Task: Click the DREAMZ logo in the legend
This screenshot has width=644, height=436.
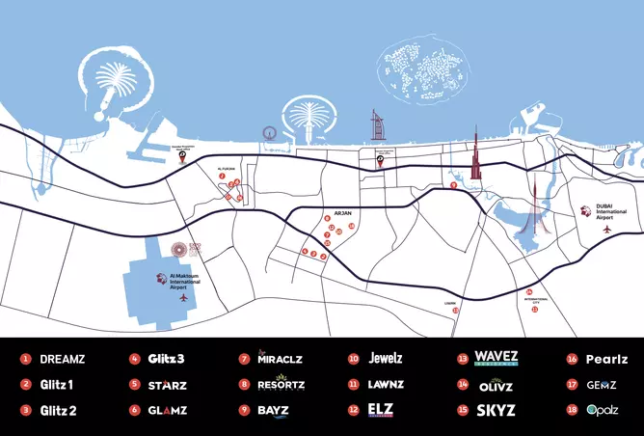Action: [63, 359]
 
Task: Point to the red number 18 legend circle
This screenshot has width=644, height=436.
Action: [572, 410]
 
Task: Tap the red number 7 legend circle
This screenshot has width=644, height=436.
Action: [244, 359]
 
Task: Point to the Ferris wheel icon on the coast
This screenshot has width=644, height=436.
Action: [270, 138]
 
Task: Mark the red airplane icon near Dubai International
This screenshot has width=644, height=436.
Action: [606, 231]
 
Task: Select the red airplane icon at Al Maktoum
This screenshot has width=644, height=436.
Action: [181, 298]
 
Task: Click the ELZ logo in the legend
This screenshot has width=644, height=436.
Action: [382, 410]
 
